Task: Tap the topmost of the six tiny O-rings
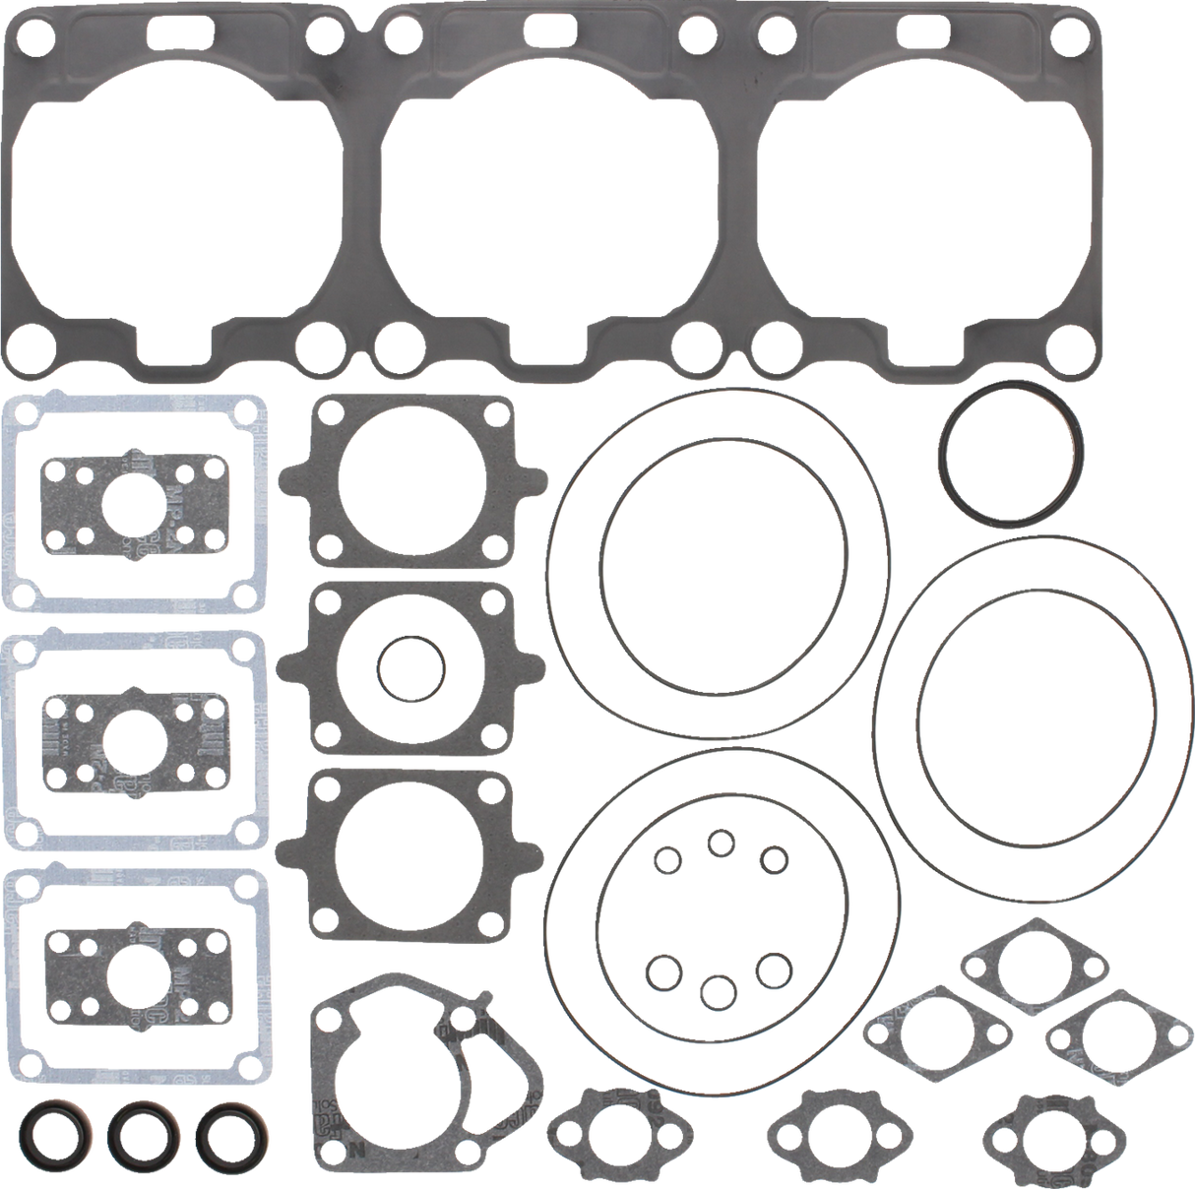(x=722, y=842)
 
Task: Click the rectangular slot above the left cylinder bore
(x=181, y=30)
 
